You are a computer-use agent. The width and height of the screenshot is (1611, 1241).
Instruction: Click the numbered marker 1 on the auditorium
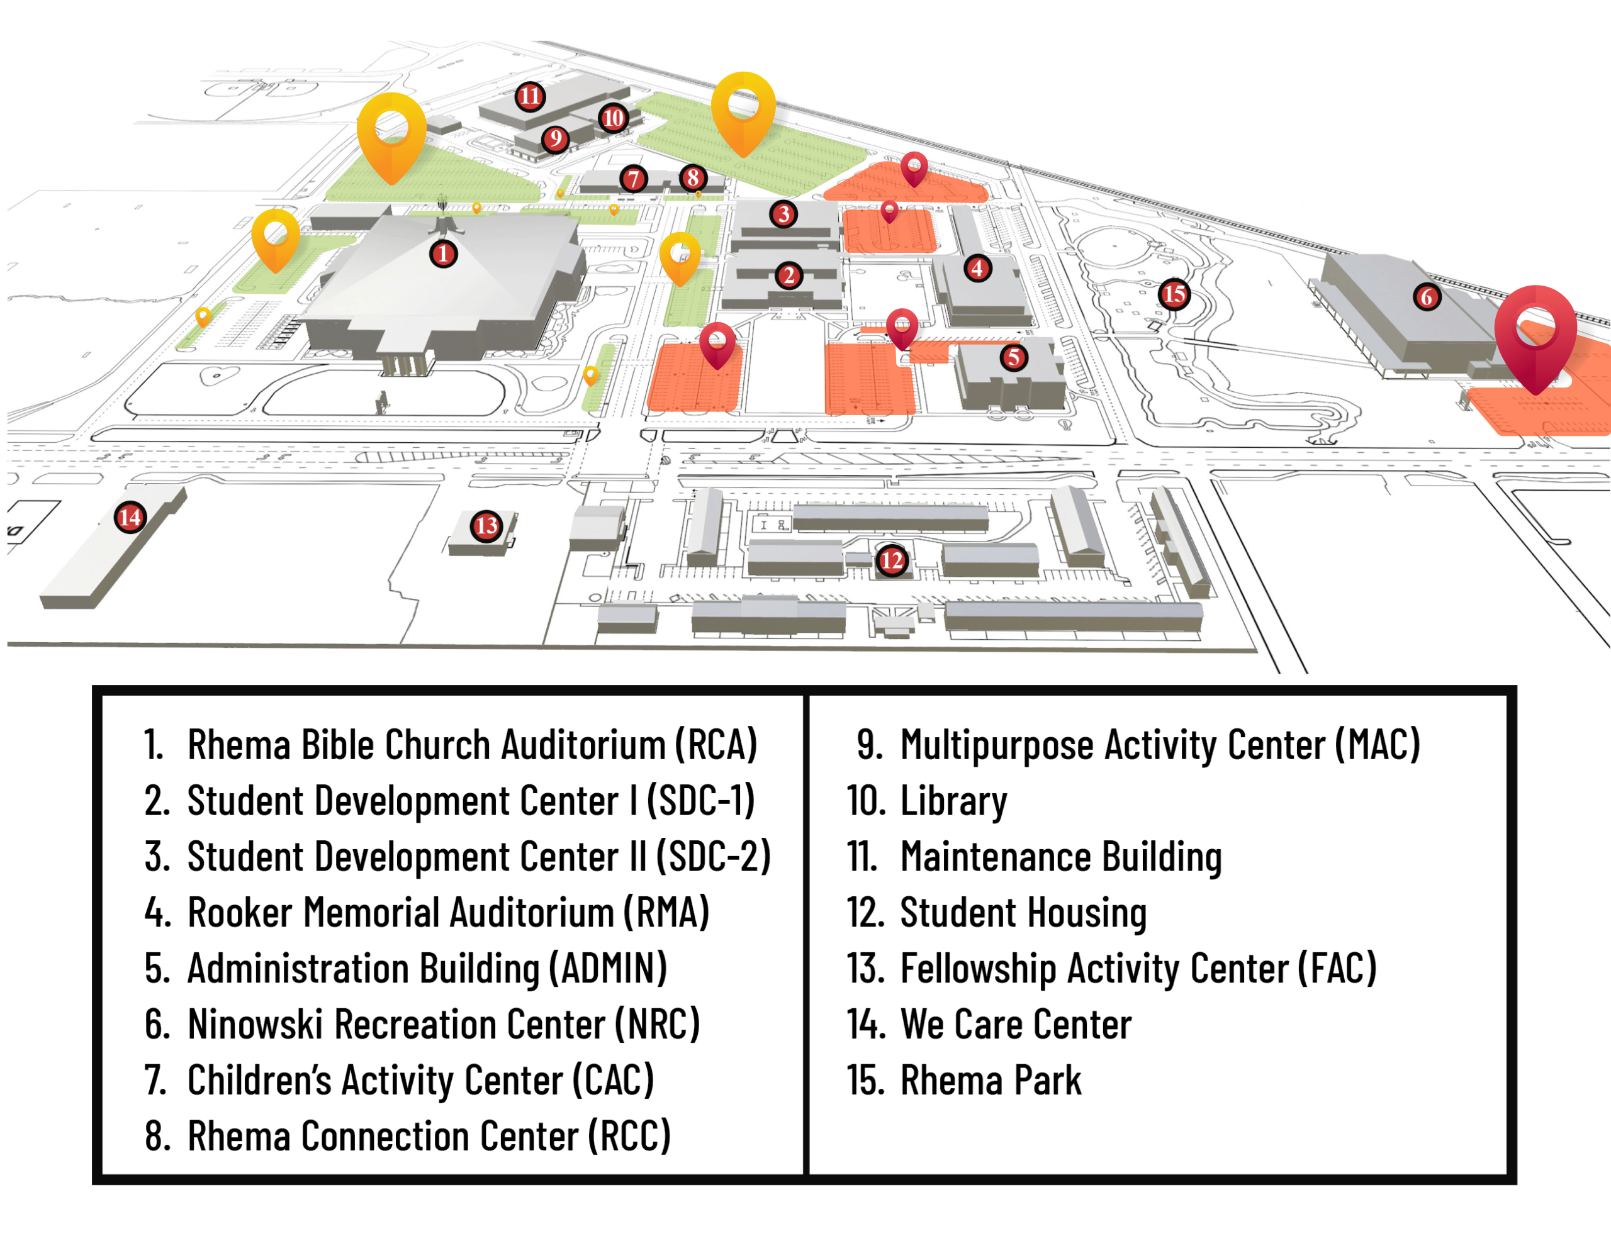pos(442,254)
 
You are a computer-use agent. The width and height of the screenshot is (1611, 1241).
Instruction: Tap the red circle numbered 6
pos(1427,297)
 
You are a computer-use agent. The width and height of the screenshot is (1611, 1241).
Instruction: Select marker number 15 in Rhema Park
pos(1174,295)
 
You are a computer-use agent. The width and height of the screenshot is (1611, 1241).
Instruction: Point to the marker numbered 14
pos(130,518)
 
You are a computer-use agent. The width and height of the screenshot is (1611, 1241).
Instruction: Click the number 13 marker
pos(486,526)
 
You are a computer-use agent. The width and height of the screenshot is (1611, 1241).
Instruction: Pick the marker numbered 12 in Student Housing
pos(891,561)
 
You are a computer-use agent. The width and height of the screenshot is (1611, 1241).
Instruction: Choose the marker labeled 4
pos(977,268)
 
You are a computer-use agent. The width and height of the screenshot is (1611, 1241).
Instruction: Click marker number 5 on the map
pos(1014,358)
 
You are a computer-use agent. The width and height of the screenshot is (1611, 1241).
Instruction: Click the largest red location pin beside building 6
pos(1535,332)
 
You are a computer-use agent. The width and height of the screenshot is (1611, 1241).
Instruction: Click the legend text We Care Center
pos(1016,1025)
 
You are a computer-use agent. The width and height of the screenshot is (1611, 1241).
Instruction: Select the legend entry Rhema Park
pos(990,1081)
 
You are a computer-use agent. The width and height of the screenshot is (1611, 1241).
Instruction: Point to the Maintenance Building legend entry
pos(1061,857)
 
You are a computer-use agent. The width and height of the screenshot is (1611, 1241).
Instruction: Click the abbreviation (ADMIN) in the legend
pos(608,969)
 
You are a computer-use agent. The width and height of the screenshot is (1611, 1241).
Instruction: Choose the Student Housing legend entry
pos(1023,913)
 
